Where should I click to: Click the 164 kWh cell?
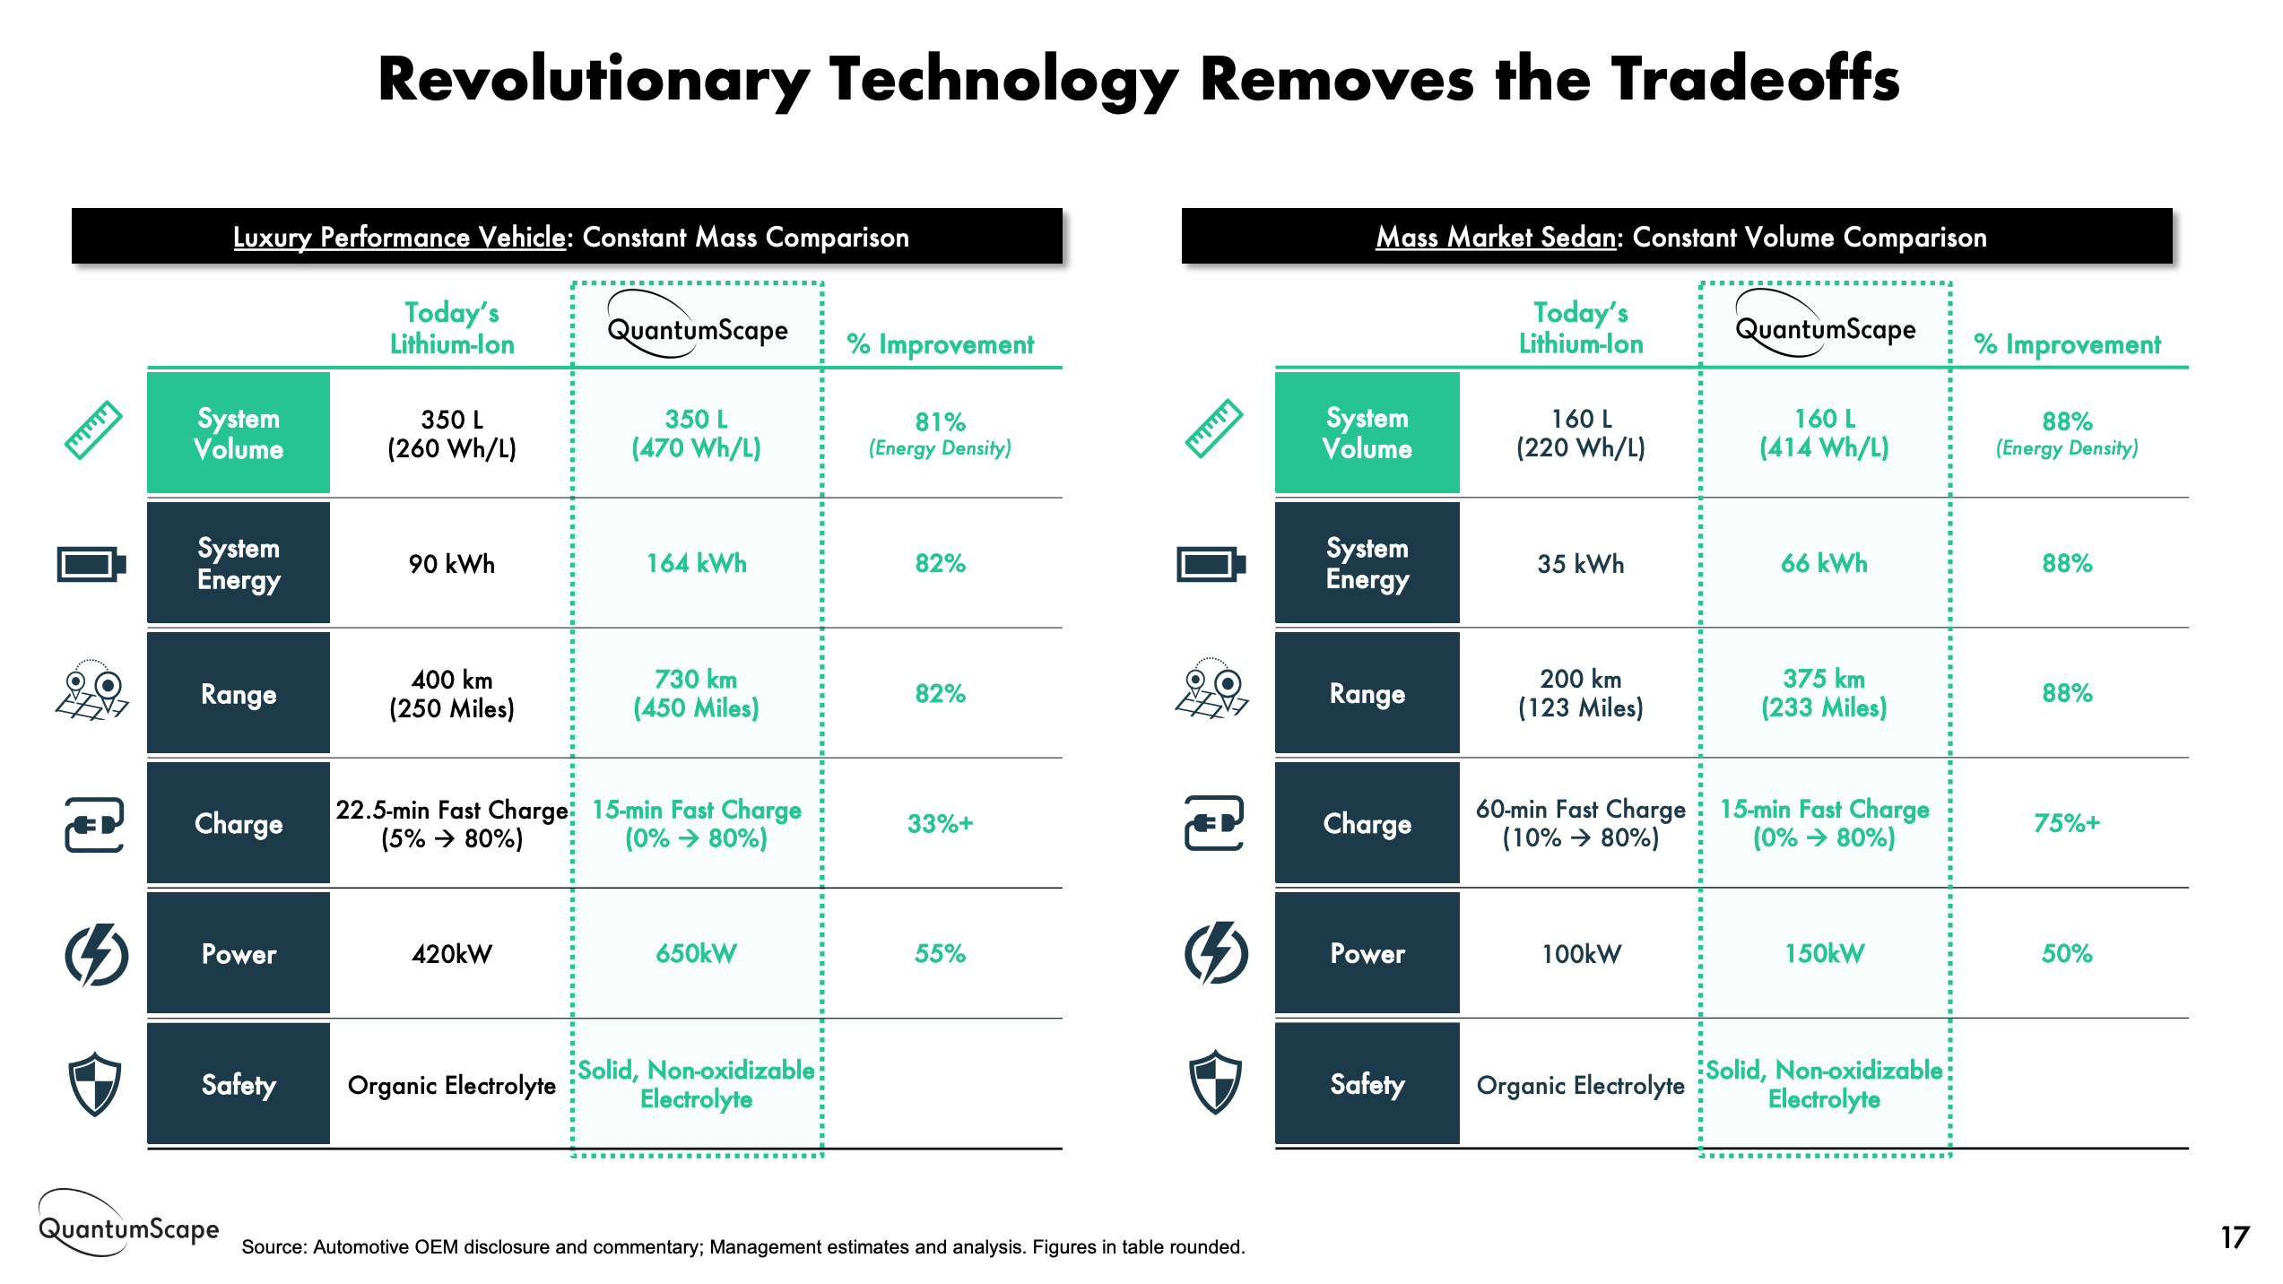click(696, 563)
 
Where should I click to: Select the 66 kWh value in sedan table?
click(1824, 563)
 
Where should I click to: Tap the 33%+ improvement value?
click(940, 823)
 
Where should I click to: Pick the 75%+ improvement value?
click(2067, 823)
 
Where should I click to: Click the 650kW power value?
click(696, 953)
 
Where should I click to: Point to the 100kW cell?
click(1581, 953)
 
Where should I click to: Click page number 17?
click(2235, 1237)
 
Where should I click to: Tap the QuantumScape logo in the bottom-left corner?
click(128, 1226)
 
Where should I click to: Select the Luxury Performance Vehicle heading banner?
click(567, 237)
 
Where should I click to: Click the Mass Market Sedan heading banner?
click(1677, 237)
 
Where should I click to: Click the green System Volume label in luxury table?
click(239, 433)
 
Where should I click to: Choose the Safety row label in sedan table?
click(1367, 1083)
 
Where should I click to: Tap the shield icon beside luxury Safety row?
click(94, 1083)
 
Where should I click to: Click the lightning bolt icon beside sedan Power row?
click(1215, 953)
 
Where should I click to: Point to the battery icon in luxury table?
click(91, 564)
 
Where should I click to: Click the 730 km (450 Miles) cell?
click(696, 693)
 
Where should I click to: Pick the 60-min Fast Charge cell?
click(1581, 823)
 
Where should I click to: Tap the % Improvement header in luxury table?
click(940, 344)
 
